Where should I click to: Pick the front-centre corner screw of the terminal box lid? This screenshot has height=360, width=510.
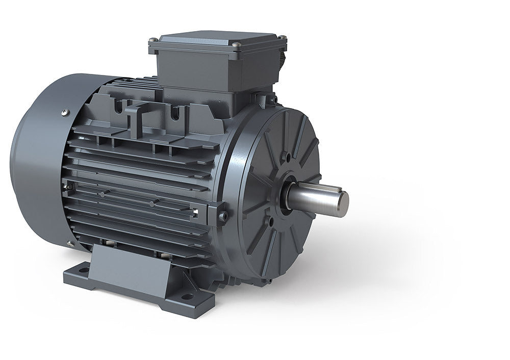(x=235, y=45)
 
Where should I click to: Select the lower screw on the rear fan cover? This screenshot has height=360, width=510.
(x=69, y=244)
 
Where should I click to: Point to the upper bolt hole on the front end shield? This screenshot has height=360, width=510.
(x=289, y=157)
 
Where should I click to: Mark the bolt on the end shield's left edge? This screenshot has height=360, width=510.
(x=223, y=217)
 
